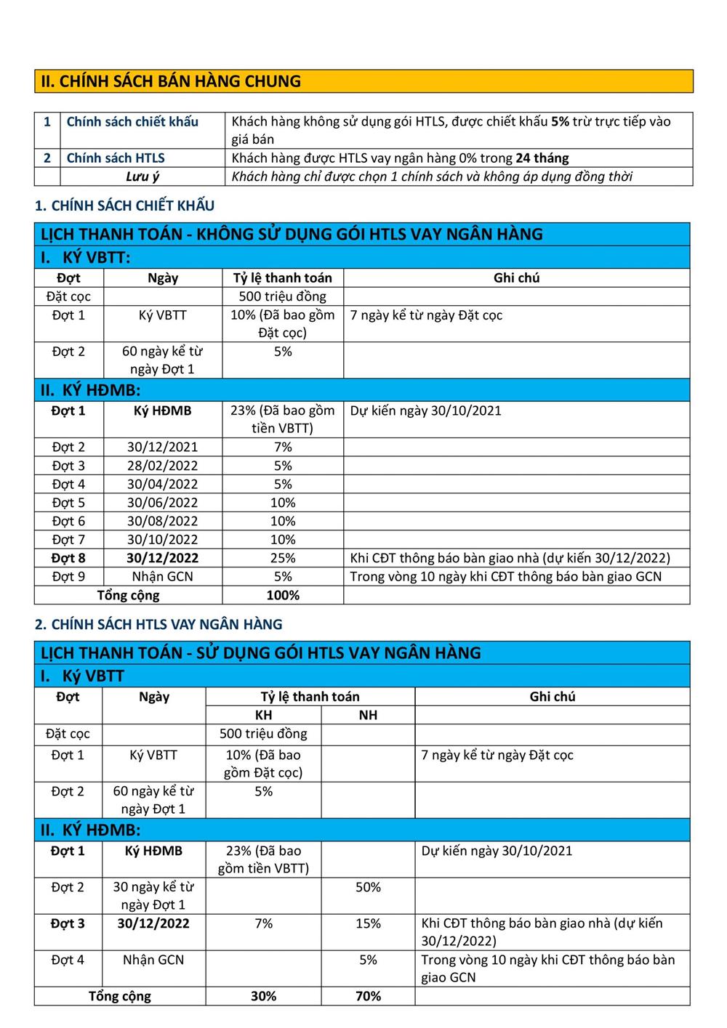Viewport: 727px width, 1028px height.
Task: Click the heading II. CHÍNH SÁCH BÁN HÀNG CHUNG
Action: pos(171,81)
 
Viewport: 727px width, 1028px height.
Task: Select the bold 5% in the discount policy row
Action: pos(560,121)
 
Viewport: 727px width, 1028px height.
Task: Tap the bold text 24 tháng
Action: pos(542,158)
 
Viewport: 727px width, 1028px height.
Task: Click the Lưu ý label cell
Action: pos(142,177)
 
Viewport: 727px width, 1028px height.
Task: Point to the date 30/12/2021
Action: pos(162,447)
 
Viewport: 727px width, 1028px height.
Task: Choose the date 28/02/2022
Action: pos(162,466)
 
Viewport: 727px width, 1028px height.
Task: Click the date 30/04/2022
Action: pos(162,484)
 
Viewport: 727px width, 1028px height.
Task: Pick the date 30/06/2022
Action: pos(162,503)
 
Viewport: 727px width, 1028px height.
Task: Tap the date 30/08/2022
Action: pos(162,521)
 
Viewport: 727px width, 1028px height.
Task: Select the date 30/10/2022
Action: pos(162,540)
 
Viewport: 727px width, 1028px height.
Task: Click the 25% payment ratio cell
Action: pos(283,558)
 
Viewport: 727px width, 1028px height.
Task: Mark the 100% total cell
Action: pos(283,595)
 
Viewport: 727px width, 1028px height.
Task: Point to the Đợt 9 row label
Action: pos(68,577)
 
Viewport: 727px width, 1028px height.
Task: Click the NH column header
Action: pos(368,715)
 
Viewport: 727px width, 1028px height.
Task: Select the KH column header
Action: pos(263,715)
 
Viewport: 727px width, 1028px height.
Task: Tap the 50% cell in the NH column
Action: pos(368,887)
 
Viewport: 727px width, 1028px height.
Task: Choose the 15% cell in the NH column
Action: pos(368,923)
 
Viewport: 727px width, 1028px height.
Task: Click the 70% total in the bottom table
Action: pos(368,996)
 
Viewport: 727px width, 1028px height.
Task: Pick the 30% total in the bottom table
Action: pos(263,996)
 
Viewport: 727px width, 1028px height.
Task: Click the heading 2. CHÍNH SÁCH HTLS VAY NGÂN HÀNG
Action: pos(158,624)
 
